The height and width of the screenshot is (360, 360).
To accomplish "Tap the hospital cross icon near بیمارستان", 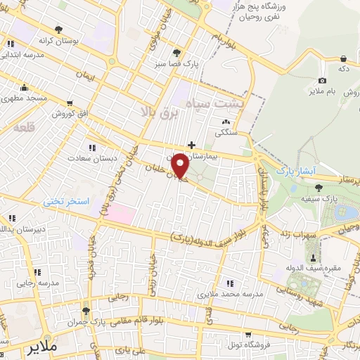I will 191,145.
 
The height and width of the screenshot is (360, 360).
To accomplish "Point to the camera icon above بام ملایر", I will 322,81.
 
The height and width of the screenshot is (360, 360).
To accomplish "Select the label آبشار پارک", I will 292,171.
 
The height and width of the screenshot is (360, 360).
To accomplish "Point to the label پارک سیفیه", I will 335,200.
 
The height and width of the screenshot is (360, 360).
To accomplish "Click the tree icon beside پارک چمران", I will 86,311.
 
